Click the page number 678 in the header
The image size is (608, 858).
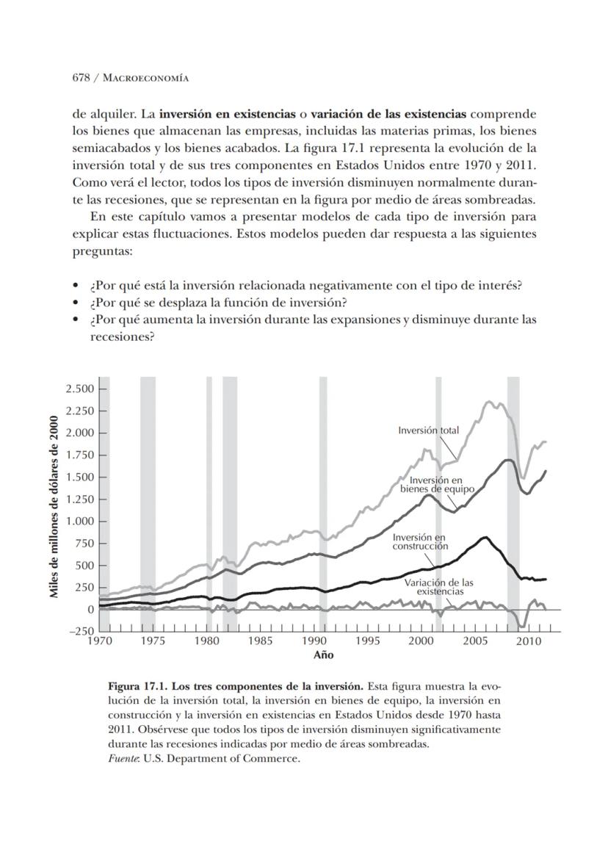82,77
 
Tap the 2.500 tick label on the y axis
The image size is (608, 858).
80,389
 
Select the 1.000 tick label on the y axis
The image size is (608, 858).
80,522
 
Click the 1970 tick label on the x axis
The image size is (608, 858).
99,641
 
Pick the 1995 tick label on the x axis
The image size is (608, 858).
368,641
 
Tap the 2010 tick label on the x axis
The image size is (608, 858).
529,641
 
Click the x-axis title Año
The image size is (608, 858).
323,655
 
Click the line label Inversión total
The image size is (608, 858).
428,430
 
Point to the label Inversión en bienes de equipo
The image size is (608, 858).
438,484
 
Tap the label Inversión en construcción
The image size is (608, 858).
419,541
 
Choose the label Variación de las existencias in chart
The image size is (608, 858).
440,586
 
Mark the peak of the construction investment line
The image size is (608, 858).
485,537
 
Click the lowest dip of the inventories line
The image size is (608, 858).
521,627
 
